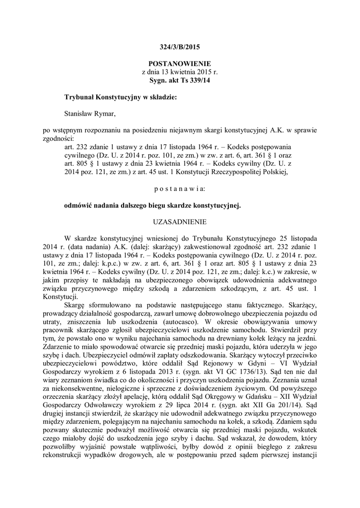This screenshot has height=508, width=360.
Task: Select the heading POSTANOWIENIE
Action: pos(180,64)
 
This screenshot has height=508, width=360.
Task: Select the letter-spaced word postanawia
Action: pos(180,189)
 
